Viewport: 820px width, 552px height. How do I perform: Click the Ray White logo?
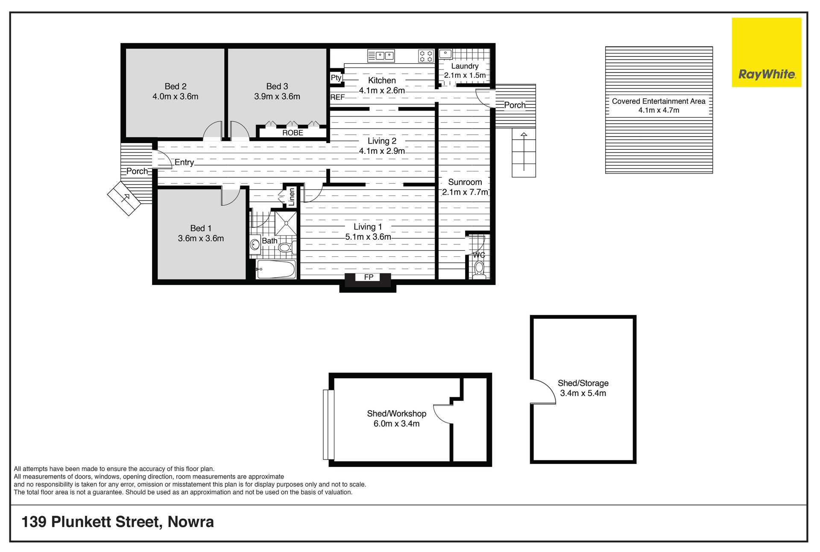click(767, 52)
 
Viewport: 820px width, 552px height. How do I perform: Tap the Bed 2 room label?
click(176, 86)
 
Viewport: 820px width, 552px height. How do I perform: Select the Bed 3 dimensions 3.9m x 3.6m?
click(277, 97)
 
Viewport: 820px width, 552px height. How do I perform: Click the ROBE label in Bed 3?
click(293, 133)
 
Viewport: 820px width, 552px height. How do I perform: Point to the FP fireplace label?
click(369, 277)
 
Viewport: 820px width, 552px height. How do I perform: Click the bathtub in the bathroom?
click(276, 270)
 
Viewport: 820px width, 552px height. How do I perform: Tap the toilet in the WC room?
click(479, 269)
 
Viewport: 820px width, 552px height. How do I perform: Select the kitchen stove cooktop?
click(426, 56)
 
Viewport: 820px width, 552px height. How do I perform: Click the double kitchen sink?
click(381, 56)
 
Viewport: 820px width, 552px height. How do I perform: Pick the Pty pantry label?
click(336, 77)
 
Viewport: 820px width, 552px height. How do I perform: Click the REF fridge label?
click(337, 97)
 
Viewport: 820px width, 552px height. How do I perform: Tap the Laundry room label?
click(465, 66)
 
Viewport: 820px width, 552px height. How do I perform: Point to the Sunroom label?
click(465, 182)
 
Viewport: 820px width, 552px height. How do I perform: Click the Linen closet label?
click(292, 197)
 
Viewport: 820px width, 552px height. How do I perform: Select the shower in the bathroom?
click(285, 223)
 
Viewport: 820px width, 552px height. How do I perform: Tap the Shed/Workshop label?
click(396, 414)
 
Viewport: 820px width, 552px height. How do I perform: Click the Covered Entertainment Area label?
click(659, 101)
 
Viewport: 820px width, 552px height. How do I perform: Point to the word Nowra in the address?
click(190, 522)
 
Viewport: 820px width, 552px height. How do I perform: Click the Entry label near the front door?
click(184, 162)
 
